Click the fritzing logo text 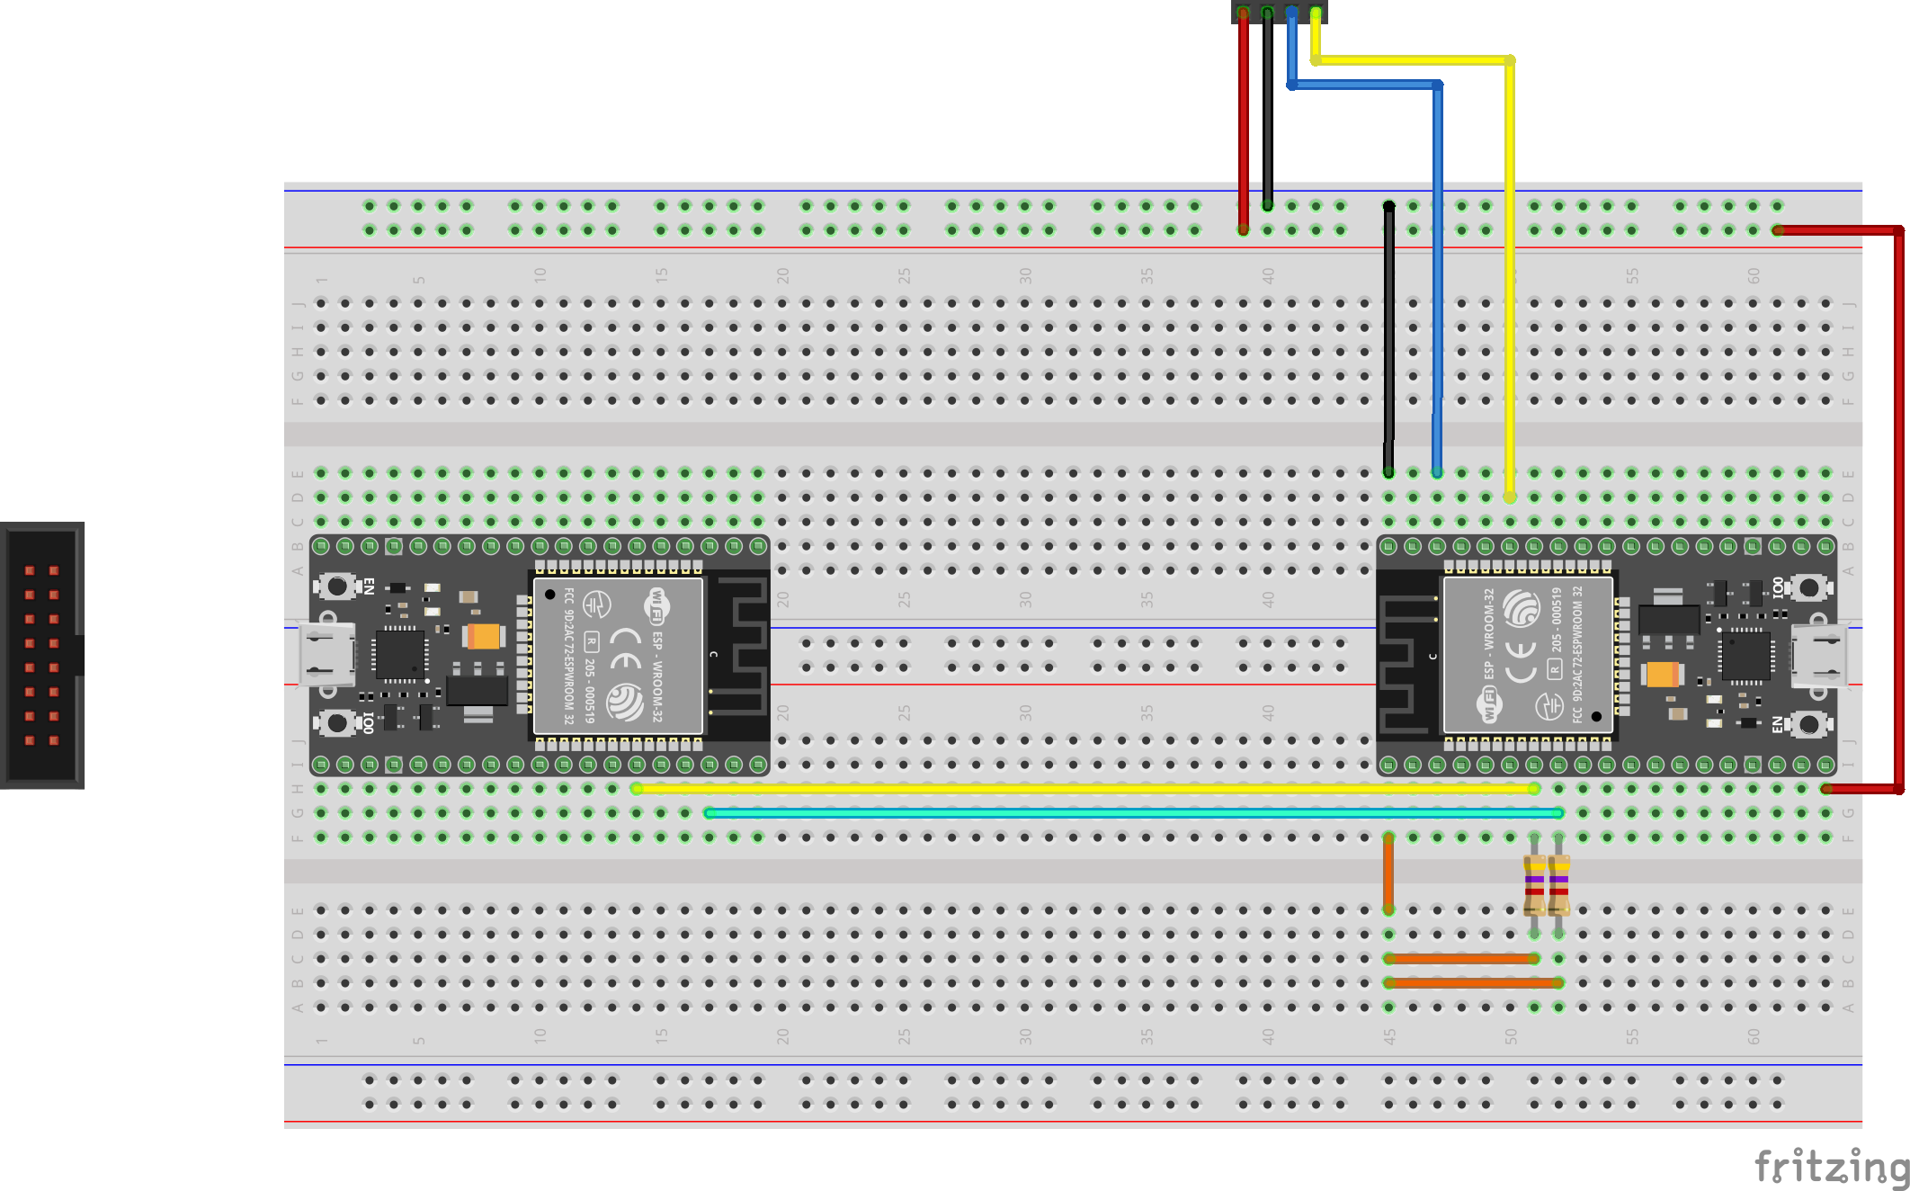[x=1830, y=1166]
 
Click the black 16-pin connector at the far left [x=42, y=655]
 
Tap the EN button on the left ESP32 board [x=337, y=587]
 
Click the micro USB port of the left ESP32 [x=326, y=656]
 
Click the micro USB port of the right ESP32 [x=1818, y=656]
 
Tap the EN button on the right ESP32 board [x=1809, y=724]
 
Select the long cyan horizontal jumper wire [x=1133, y=813]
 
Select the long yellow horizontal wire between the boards [x=1079, y=789]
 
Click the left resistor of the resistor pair [x=1534, y=884]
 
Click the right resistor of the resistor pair [x=1559, y=884]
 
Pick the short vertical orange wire [x=1388, y=873]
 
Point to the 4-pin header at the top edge [x=1279, y=12]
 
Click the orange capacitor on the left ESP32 [x=484, y=637]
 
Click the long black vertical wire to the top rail [x=1388, y=342]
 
